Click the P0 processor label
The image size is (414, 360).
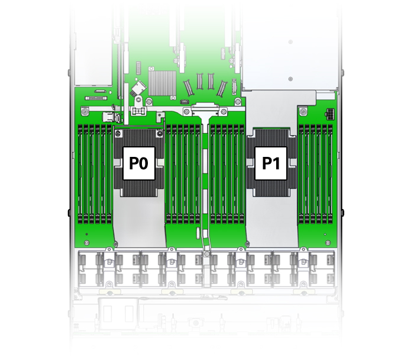pos(139,163)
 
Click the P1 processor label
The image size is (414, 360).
pos(271,163)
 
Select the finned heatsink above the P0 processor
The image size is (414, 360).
pos(162,83)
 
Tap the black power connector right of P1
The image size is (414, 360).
pos(329,113)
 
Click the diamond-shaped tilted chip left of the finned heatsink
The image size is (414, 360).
pos(139,88)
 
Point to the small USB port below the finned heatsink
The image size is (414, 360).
pos(184,102)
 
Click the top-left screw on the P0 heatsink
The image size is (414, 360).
pos(118,134)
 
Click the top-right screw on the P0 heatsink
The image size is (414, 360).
pos(159,134)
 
